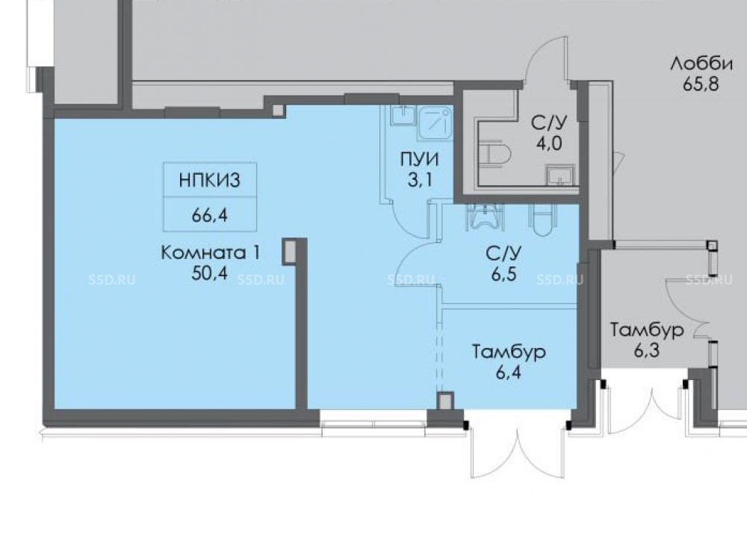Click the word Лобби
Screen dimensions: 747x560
pyautogui.click(x=701, y=63)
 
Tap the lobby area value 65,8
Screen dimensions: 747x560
pyautogui.click(x=701, y=84)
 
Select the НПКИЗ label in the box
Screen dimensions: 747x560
pyautogui.click(x=210, y=180)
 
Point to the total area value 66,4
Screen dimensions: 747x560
pyautogui.click(x=210, y=215)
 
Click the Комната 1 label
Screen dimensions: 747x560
pyautogui.click(x=211, y=252)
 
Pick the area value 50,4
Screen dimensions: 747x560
pyautogui.click(x=210, y=273)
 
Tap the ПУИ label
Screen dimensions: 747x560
pyautogui.click(x=419, y=159)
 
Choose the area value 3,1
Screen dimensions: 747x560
pyautogui.click(x=420, y=180)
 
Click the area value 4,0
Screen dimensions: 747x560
pyautogui.click(x=549, y=143)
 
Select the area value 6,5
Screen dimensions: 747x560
pyautogui.click(x=504, y=274)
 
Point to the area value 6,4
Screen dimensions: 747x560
pyautogui.click(x=508, y=372)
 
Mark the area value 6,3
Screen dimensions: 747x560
pyautogui.click(x=646, y=350)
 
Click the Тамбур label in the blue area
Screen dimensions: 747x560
pyautogui.click(x=509, y=352)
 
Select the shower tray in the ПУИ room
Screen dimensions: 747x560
pyautogui.click(x=435, y=123)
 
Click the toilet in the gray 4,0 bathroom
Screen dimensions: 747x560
pyautogui.click(x=497, y=153)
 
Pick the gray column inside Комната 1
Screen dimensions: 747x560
pyautogui.click(x=289, y=252)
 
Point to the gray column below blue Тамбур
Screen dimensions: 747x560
pyautogui.click(x=445, y=401)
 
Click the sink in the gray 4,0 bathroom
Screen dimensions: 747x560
pyautogui.click(x=560, y=175)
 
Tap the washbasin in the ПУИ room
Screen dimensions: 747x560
pyautogui.click(x=403, y=115)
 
